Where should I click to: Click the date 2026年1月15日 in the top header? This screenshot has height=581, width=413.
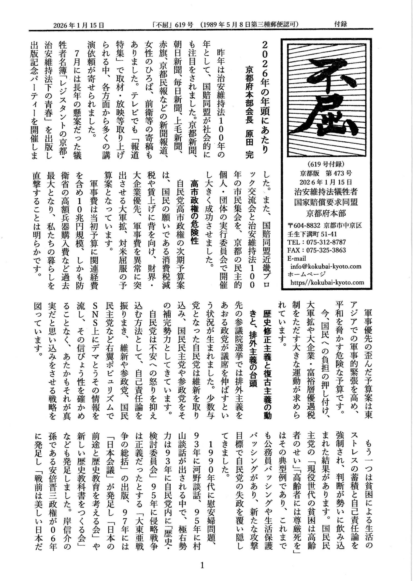[x=79, y=25]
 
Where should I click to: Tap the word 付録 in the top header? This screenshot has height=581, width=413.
[x=341, y=24]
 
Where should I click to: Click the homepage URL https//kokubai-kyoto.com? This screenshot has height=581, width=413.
[x=328, y=282]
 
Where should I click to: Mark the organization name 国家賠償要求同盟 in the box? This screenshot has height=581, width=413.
[x=326, y=202]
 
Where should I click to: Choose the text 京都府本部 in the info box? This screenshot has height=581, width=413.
[x=326, y=213]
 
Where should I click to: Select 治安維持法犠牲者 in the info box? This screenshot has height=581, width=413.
[x=326, y=192]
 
